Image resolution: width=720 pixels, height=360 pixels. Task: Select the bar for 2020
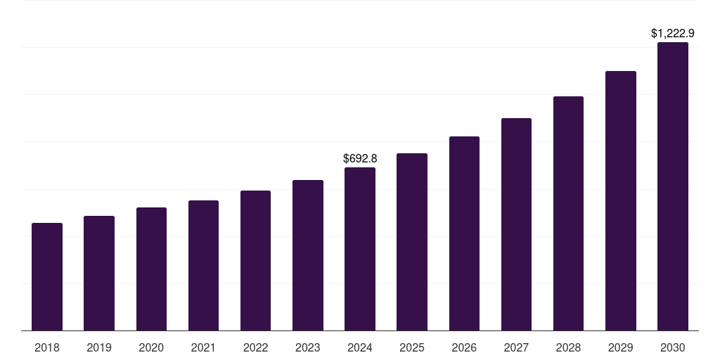click(x=151, y=269)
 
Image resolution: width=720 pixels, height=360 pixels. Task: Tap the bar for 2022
click(x=255, y=260)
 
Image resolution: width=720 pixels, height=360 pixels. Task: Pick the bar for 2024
click(x=360, y=249)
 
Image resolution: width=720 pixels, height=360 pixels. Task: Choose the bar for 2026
click(x=464, y=233)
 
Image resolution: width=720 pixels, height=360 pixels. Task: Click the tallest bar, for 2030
click(x=673, y=186)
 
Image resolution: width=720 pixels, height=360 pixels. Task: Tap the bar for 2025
click(x=412, y=242)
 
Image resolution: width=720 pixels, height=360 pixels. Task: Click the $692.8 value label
click(x=360, y=159)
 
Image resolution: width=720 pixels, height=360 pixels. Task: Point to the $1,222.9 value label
click(x=673, y=33)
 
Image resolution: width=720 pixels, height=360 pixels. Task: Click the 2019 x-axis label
click(x=99, y=347)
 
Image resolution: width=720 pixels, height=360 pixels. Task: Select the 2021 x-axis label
click(x=203, y=347)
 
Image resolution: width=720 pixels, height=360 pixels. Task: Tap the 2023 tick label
click(x=308, y=347)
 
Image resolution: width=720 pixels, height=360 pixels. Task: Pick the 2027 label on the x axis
click(x=516, y=347)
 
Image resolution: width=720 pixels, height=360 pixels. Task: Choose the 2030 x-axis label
click(x=673, y=347)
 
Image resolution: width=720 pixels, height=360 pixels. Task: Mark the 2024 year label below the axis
click(x=360, y=347)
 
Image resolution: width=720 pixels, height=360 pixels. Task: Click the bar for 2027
click(x=516, y=224)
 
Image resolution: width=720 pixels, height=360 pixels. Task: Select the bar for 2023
click(x=308, y=255)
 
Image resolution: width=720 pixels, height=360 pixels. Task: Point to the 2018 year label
click(x=47, y=347)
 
